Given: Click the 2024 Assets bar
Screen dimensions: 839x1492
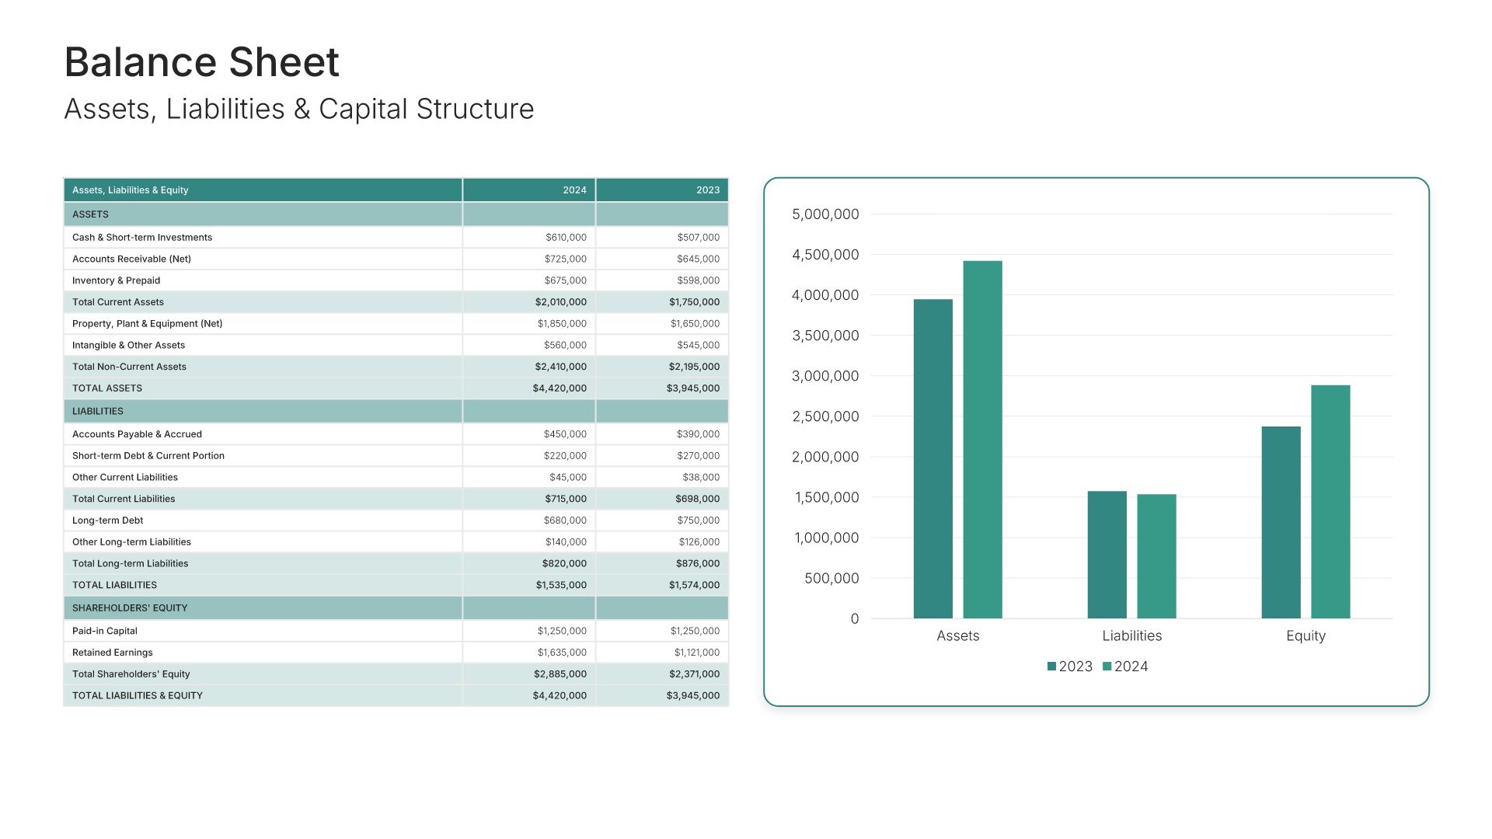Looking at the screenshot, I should tap(982, 440).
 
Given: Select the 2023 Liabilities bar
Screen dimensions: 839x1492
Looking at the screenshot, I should tap(1107, 555).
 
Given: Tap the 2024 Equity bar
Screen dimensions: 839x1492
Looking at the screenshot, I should tap(1330, 502).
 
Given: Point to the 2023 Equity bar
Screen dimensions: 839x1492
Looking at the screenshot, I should tap(1281, 522).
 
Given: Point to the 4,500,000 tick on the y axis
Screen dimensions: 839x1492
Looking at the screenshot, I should tap(825, 255).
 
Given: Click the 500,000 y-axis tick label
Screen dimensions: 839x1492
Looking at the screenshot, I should tap(831, 578).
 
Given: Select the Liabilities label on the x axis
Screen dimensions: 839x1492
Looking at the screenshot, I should tap(1131, 635).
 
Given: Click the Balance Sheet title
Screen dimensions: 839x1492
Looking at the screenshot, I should tap(201, 62).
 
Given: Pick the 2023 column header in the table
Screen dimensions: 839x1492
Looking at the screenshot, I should tap(707, 190).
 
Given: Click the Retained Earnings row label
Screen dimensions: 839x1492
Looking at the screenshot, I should tap(113, 653).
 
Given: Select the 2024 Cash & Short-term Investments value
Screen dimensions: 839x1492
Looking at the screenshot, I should tap(566, 238).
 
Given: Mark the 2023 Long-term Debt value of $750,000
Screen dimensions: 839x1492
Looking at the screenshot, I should tap(698, 520).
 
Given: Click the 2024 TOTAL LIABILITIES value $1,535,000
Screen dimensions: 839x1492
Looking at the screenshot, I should tap(561, 585).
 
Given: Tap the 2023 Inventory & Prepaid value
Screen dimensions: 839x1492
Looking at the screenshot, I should tap(698, 280).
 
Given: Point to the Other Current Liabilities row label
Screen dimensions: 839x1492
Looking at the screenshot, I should tap(125, 478).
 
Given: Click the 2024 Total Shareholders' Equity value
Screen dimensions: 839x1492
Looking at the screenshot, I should tap(560, 674).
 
